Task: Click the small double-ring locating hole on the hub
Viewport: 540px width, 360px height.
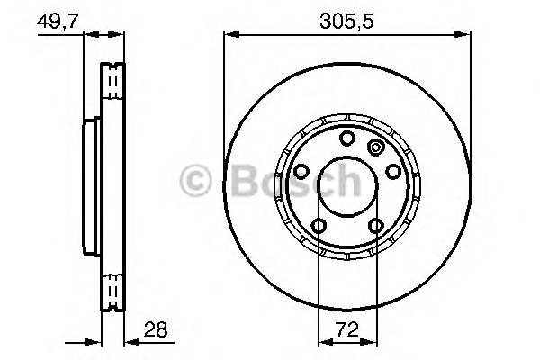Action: [x=376, y=148]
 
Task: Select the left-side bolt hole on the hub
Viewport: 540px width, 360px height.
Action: [x=301, y=171]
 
